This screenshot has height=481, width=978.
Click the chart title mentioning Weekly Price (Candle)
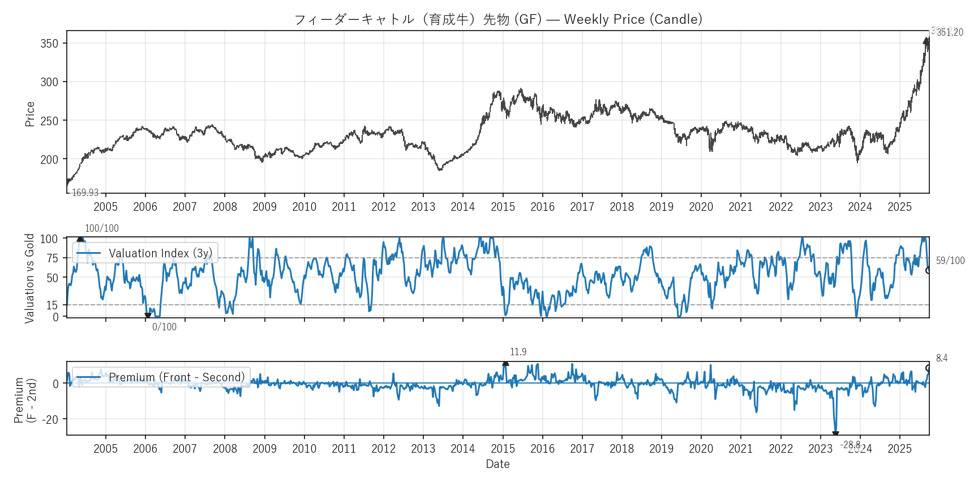click(498, 19)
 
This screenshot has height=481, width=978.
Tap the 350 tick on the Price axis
click(49, 44)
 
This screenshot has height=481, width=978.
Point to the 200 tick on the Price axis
click(49, 160)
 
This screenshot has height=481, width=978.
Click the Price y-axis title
click(30, 114)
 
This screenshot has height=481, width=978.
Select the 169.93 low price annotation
click(85, 193)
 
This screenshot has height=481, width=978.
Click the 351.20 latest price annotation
click(950, 33)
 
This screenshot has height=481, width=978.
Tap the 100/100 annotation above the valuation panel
click(102, 228)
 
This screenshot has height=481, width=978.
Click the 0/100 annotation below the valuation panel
click(164, 327)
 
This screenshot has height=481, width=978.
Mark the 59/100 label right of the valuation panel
click(950, 261)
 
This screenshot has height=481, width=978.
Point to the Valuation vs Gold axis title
click(30, 278)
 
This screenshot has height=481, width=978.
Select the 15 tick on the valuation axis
click(52, 305)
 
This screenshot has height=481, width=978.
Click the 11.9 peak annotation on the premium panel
click(518, 352)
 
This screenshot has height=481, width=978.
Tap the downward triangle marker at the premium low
click(835, 435)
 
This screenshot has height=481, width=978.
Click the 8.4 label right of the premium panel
click(942, 358)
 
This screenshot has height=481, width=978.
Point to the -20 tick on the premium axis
click(51, 420)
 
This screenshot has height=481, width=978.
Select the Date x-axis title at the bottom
click(497, 464)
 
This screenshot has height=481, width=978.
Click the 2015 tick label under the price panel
click(503, 207)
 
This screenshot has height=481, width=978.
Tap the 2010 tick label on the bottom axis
click(304, 449)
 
